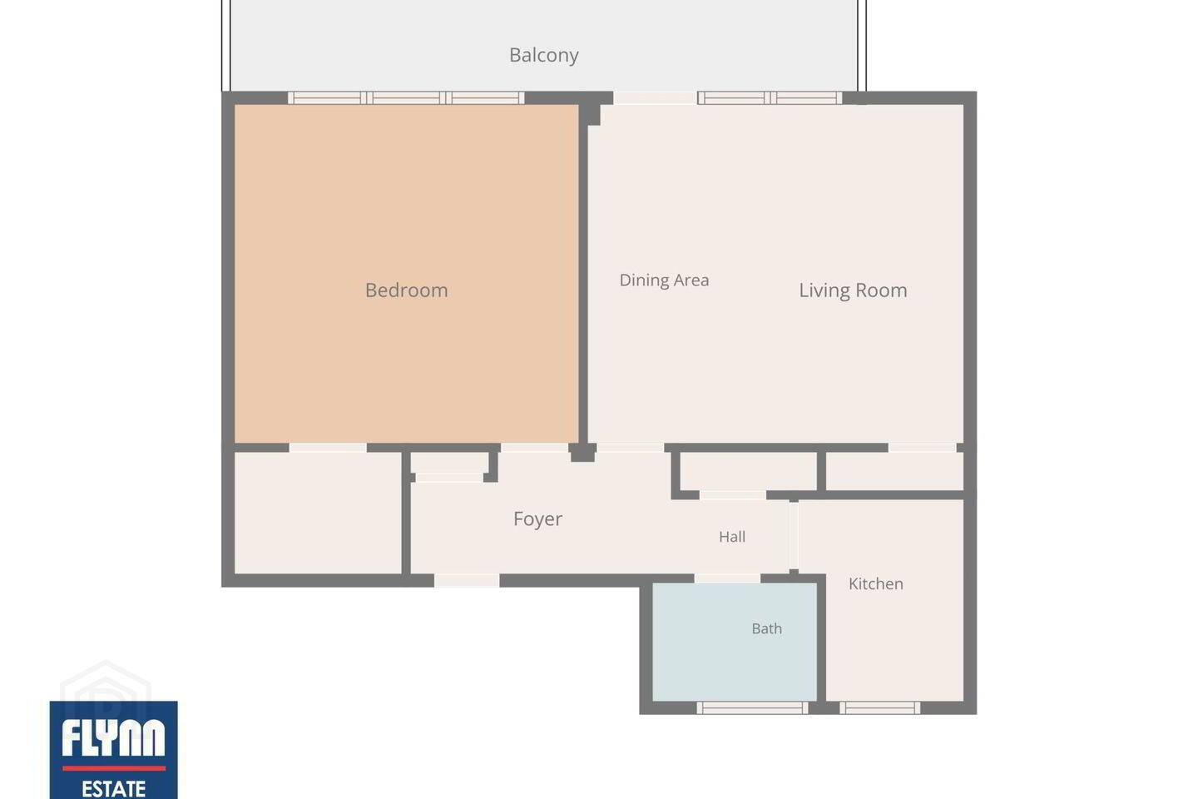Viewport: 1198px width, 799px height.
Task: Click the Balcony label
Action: [543, 55]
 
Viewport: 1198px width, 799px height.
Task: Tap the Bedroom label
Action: [407, 290]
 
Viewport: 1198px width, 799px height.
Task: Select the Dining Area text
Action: [664, 280]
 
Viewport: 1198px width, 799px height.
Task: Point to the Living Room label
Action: [853, 290]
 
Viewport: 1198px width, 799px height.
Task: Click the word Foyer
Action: [537, 519]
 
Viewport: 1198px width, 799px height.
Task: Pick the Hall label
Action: [731, 536]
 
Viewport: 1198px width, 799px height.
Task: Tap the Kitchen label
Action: [875, 583]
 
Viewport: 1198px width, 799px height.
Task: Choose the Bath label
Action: [766, 628]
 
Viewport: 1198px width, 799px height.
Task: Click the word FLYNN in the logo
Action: [113, 737]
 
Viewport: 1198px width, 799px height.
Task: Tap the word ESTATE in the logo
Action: [113, 789]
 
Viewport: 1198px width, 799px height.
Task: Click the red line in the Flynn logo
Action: [114, 768]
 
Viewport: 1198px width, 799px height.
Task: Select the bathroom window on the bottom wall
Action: [752, 708]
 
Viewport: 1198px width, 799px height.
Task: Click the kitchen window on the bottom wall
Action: [880, 708]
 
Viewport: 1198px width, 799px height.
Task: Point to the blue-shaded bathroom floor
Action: [735, 643]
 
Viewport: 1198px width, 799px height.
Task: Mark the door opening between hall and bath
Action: [727, 578]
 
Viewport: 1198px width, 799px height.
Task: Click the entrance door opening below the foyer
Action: [467, 580]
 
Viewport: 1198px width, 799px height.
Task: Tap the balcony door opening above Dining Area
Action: [655, 98]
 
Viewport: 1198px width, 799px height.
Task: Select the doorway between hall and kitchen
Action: [794, 535]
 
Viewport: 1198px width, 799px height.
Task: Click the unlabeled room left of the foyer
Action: [318, 513]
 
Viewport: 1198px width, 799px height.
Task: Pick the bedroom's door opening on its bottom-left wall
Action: [328, 448]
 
